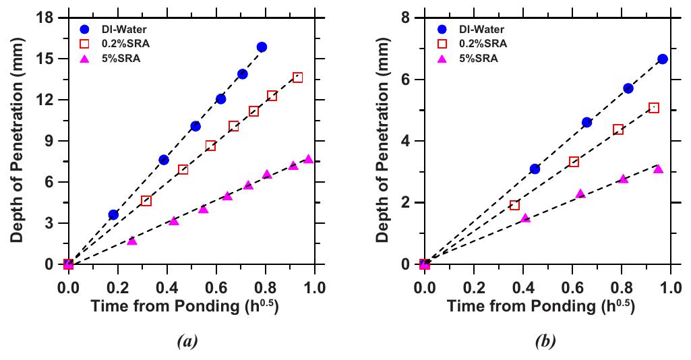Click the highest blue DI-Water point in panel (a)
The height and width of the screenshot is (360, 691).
click(x=262, y=47)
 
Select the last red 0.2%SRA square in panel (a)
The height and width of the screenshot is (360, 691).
click(x=297, y=78)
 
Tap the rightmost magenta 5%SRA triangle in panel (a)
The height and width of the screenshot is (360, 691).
click(x=308, y=159)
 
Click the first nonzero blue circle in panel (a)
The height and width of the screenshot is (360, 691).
click(x=113, y=214)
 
